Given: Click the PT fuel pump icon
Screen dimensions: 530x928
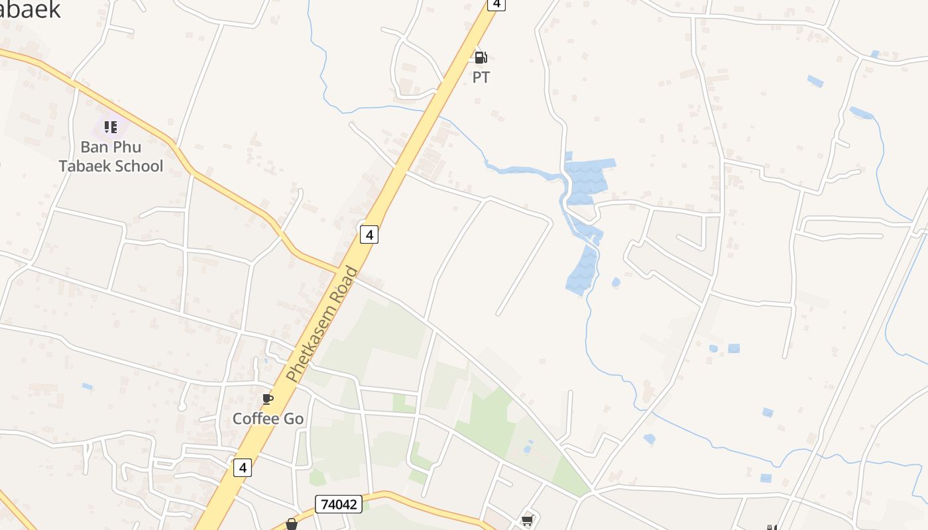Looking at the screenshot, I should [481, 58].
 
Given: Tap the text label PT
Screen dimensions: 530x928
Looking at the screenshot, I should [481, 78].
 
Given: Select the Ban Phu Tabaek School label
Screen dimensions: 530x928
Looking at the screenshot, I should [111, 156].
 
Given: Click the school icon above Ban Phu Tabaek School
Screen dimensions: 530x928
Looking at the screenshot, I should [110, 127].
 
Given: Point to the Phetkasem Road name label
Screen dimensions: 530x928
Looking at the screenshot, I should [322, 324].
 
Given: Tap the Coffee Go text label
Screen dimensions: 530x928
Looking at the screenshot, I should [268, 419].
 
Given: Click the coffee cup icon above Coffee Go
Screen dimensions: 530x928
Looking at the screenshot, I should [268, 399].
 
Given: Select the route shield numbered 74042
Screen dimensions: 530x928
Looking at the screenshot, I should [338, 504].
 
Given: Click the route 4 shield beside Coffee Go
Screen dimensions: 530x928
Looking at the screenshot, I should [243, 467].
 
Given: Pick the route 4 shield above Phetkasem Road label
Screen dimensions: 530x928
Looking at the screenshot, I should [369, 234].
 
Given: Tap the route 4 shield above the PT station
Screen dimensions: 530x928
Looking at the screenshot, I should [496, 4].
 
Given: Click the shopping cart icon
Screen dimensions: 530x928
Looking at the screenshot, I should [528, 521].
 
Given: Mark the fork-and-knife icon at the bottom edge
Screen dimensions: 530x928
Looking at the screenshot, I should [772, 527].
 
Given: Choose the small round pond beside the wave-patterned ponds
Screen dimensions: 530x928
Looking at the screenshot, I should [616, 282].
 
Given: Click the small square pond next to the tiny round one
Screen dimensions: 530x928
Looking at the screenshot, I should [734, 348].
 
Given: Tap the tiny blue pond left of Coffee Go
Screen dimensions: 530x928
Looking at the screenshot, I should [87, 386].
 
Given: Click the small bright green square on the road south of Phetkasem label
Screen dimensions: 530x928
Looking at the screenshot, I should [400, 403].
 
